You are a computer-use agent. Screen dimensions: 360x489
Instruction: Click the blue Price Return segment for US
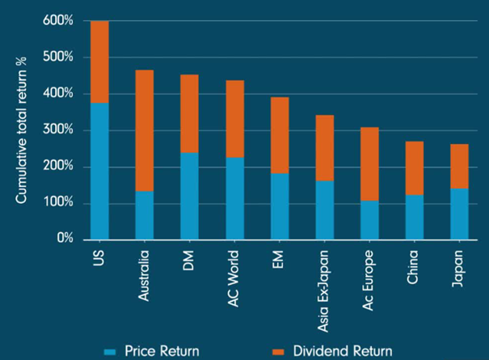coord(99,171)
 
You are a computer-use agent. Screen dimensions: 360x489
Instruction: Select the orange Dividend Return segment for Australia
coord(144,130)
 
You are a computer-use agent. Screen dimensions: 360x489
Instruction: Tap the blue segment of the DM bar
coord(188,196)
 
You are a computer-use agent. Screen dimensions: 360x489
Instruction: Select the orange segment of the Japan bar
coord(458,166)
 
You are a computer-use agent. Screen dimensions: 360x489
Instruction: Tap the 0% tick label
coord(62,239)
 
